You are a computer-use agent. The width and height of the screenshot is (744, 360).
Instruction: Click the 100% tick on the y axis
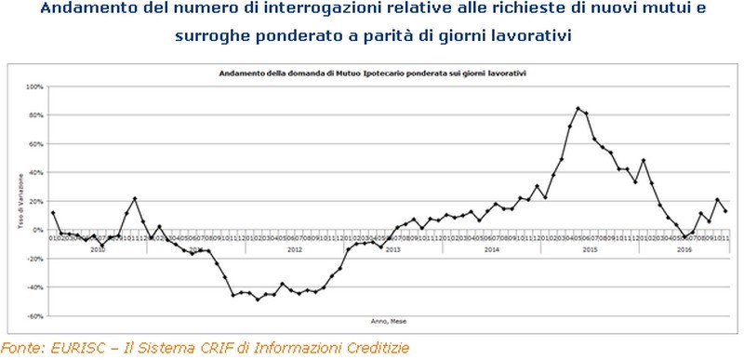point(35,87)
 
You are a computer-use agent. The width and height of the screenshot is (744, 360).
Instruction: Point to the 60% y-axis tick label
point(36,144)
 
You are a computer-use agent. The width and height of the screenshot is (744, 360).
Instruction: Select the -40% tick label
point(35,287)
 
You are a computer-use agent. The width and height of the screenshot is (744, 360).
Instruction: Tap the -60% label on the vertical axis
point(35,316)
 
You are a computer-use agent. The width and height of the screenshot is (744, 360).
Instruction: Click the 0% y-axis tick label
point(38,230)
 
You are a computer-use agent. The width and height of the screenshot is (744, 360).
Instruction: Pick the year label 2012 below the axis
point(294,249)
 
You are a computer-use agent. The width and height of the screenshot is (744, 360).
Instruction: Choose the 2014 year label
point(492,249)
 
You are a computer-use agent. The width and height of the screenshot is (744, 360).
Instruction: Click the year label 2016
point(684,249)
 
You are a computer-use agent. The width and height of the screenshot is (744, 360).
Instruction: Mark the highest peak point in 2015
point(578,109)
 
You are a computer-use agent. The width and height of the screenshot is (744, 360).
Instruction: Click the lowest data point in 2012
point(258,299)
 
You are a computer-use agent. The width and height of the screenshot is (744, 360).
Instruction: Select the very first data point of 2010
point(53,213)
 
